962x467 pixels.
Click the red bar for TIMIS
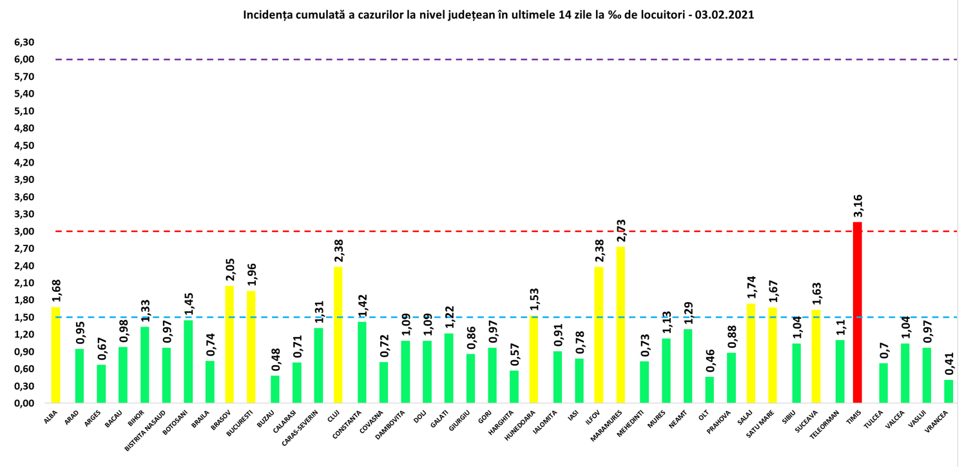tap(857, 312)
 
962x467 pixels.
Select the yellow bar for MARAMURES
tap(620, 325)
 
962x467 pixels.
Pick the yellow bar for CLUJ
tap(338, 335)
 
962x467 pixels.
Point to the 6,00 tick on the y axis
tap(24, 59)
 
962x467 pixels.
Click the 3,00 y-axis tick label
tap(24, 231)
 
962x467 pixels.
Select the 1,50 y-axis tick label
tap(24, 317)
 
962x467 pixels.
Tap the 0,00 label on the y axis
tap(24, 403)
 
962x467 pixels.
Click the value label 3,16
tap(857, 205)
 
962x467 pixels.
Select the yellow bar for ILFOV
tap(599, 335)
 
